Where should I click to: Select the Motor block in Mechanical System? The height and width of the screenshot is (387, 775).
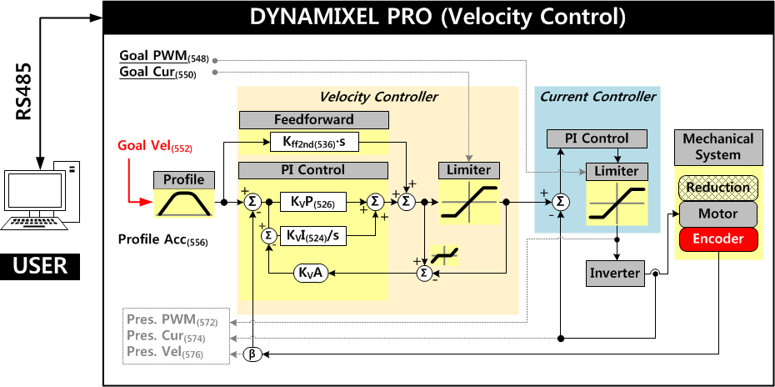[x=718, y=214]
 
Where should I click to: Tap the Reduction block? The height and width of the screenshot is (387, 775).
[x=718, y=187]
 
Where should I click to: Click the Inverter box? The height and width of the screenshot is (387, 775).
[x=615, y=273]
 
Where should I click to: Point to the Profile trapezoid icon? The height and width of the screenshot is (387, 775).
[x=184, y=203]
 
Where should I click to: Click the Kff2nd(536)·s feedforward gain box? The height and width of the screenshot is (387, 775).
[x=313, y=143]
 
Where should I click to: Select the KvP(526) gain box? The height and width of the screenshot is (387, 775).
[x=313, y=202]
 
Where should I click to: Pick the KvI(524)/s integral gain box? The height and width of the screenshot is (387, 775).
[x=313, y=236]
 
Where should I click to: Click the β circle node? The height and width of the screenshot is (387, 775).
[x=252, y=355]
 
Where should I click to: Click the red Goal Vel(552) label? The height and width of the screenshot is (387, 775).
[x=155, y=147]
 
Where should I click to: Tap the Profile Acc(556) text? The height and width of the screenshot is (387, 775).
[x=162, y=241]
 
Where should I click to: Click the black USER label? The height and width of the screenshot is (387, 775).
[x=39, y=267]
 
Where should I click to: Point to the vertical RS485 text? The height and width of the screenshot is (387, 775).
[x=24, y=92]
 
